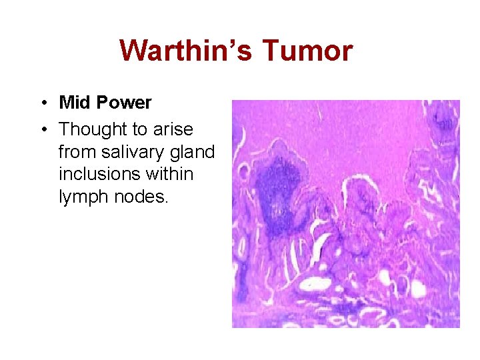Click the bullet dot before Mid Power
point(41,103)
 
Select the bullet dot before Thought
point(41,128)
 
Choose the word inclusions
point(101,175)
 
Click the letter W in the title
point(133,51)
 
